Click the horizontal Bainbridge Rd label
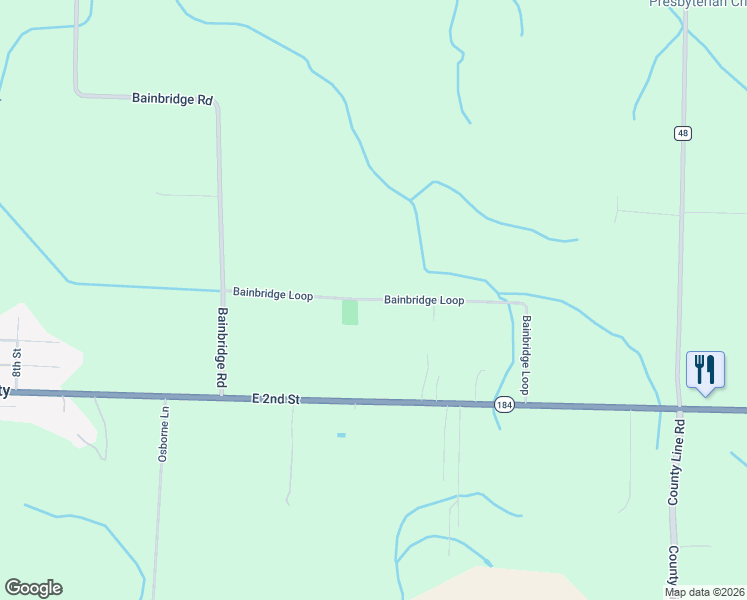(173, 99)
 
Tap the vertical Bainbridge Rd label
(221, 348)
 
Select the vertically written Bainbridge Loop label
(525, 355)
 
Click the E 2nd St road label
(276, 399)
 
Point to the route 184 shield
(503, 404)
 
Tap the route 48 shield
(682, 134)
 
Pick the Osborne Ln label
(164, 432)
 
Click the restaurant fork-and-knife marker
(705, 371)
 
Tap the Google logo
(33, 588)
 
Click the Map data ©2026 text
(704, 592)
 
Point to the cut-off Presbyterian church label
(697, 3)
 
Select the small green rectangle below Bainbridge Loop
(350, 312)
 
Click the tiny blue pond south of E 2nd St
(341, 435)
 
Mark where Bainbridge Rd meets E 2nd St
(221, 397)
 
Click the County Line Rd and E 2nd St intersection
(678, 409)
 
